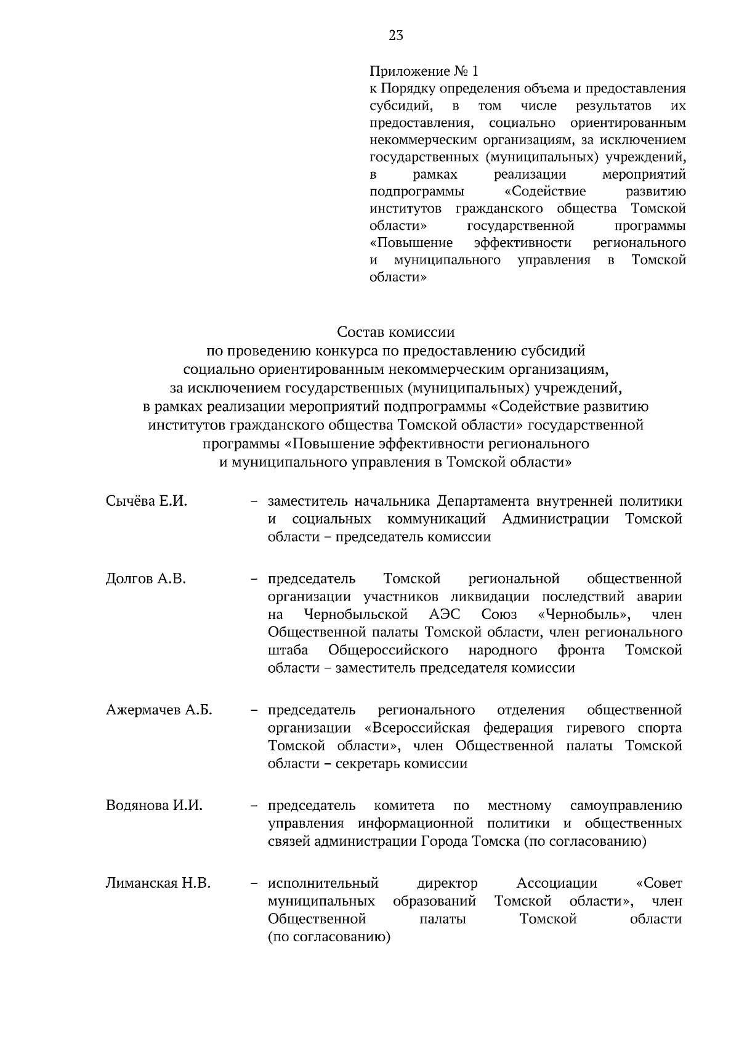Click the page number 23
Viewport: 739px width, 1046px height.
[x=395, y=36]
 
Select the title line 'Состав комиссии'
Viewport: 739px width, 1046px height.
[x=395, y=333]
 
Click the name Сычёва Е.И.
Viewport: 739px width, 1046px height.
[x=146, y=501]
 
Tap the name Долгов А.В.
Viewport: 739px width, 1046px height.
[x=145, y=579]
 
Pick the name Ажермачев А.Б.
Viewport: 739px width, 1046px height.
[x=159, y=710]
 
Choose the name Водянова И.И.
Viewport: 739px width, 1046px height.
[x=154, y=806]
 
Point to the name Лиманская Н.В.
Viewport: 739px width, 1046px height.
[x=158, y=883]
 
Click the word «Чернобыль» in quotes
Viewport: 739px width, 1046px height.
[x=583, y=615]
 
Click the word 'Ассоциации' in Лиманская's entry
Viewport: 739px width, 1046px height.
[x=557, y=883]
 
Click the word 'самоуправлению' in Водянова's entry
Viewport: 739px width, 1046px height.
[x=626, y=806]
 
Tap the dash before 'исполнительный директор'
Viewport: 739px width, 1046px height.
[x=254, y=884]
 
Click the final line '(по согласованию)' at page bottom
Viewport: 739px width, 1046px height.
[x=329, y=938]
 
